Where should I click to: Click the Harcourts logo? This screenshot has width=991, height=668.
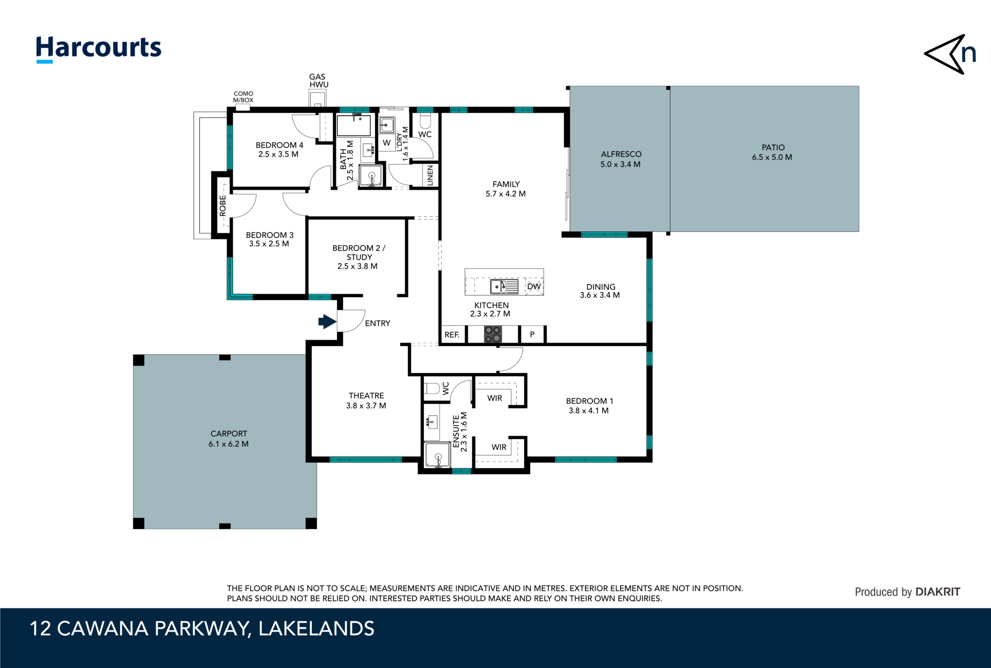pos(99,48)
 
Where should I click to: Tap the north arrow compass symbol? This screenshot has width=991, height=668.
pos(949,54)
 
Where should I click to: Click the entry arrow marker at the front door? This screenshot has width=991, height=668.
pos(327,321)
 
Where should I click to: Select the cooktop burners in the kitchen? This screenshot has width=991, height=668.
pos(493,334)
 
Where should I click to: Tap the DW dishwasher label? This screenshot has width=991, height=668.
pos(534,287)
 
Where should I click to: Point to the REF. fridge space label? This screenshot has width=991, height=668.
pos(452,335)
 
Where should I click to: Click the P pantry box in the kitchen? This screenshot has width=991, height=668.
pos(532,334)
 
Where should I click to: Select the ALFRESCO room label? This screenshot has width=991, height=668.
pos(621,154)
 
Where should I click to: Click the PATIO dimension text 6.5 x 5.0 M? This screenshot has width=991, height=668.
pos(772,157)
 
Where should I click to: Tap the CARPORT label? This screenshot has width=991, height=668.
pos(228,434)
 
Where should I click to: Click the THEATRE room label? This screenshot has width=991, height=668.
pos(366,396)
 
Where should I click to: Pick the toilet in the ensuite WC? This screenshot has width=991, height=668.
pos(432,388)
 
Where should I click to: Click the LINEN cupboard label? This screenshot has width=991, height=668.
pos(430,175)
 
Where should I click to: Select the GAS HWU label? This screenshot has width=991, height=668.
pos(318,80)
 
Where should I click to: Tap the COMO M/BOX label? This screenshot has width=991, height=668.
pos(243,97)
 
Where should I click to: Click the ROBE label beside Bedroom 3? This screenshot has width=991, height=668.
pos(223,205)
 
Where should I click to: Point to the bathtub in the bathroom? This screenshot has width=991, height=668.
pos(354,125)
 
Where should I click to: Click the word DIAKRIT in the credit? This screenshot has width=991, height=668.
pos(938,592)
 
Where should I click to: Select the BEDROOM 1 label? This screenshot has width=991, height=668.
pos(589,401)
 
